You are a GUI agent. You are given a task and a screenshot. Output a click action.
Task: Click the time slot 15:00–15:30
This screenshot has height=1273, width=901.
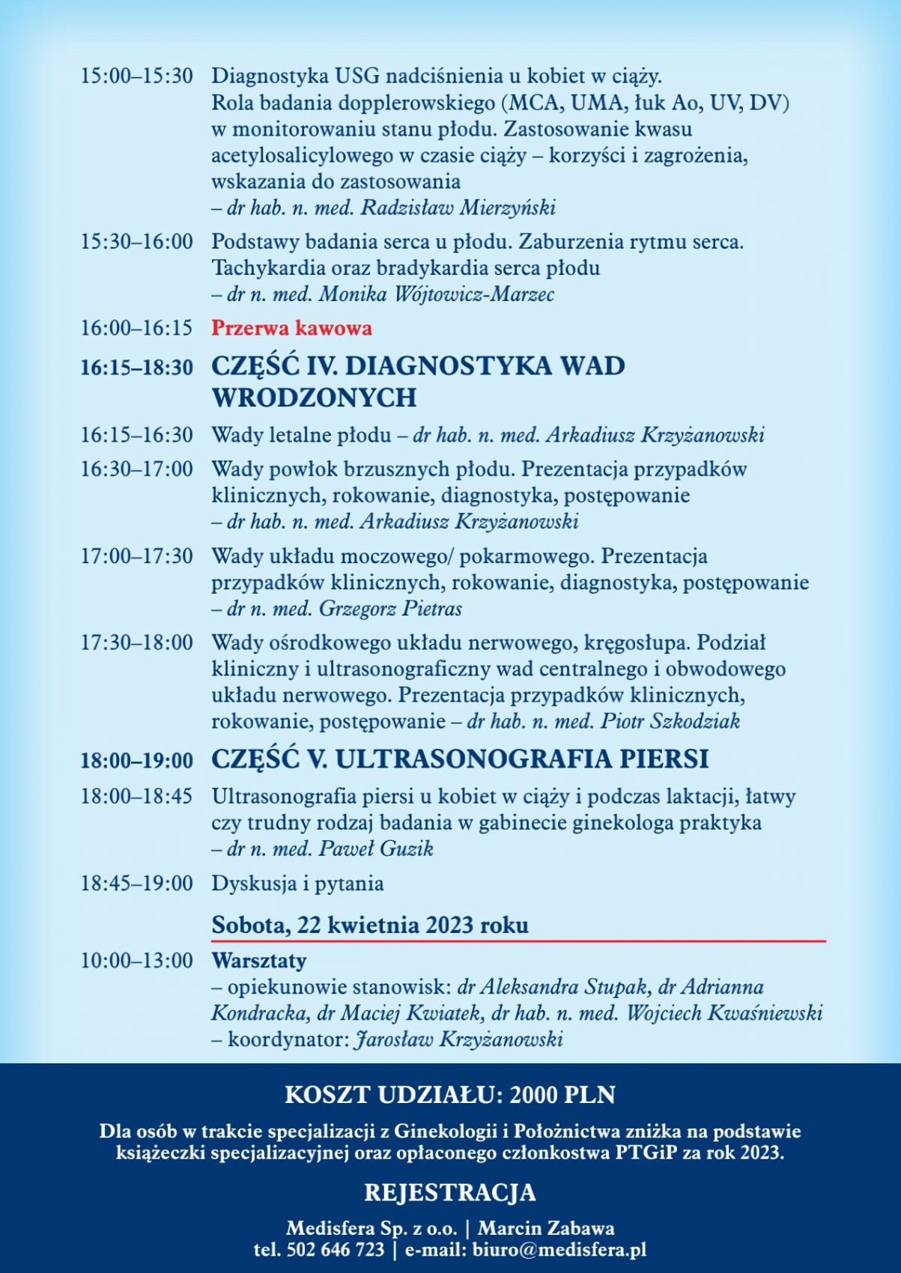pyautogui.click(x=136, y=76)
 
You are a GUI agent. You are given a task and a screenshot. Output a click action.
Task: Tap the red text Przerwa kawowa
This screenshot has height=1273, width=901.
pyautogui.click(x=291, y=328)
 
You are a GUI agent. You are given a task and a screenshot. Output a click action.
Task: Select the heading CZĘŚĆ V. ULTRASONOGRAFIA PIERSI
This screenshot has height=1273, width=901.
pyautogui.click(x=459, y=759)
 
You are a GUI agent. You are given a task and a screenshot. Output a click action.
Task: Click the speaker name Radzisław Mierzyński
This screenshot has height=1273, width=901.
pyautogui.click(x=458, y=207)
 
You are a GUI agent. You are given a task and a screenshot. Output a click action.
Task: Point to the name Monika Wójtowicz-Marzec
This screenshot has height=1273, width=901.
pyautogui.click(x=437, y=294)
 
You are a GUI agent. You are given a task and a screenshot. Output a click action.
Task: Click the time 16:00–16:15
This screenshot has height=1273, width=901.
pyautogui.click(x=136, y=328)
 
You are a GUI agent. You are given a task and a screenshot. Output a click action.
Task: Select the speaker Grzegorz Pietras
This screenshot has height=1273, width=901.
pyautogui.click(x=390, y=608)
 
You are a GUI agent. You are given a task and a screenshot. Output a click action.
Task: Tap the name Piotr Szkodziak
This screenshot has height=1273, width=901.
pyautogui.click(x=670, y=721)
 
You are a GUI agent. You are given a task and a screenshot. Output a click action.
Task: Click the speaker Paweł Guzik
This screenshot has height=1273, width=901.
pyautogui.click(x=376, y=848)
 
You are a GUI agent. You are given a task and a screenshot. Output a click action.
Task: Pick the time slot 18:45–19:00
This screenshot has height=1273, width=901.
pyautogui.click(x=136, y=884)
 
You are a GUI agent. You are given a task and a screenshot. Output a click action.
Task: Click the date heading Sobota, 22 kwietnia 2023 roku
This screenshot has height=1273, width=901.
pyautogui.click(x=370, y=925)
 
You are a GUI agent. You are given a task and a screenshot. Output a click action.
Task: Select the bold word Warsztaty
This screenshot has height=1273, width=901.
pyautogui.click(x=259, y=960)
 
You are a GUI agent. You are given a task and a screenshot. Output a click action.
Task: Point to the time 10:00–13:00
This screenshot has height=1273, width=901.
pyautogui.click(x=136, y=960)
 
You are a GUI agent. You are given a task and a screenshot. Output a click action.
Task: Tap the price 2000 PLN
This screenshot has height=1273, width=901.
pyautogui.click(x=562, y=1095)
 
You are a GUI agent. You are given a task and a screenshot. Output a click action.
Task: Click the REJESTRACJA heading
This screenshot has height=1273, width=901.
pyautogui.click(x=450, y=1192)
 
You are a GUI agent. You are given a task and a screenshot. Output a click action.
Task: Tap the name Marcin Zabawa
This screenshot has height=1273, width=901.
pyautogui.click(x=546, y=1228)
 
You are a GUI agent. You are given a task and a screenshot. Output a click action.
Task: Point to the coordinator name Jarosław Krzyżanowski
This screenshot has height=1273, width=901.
pyautogui.click(x=458, y=1039)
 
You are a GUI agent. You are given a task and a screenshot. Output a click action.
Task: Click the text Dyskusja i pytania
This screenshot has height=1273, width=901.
pyautogui.click(x=297, y=884)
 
